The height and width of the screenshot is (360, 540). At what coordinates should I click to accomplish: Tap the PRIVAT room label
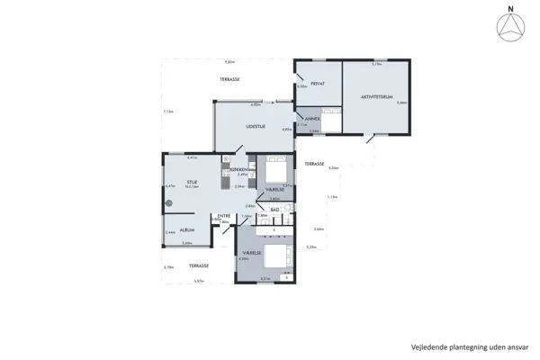point(317,84)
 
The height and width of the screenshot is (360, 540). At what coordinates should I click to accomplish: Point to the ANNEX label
point(312,119)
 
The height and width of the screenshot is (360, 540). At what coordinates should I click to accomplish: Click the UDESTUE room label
point(256,127)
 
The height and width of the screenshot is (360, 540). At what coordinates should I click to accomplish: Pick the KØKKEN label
point(238,168)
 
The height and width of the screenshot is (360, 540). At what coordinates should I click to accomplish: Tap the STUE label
point(192,182)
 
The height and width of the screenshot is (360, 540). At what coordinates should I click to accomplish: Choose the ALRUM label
point(186,229)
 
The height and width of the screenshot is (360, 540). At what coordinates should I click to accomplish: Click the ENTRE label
point(224,216)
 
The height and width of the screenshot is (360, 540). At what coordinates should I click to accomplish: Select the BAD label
point(274,210)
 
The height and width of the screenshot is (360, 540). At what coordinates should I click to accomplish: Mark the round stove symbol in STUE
point(167,203)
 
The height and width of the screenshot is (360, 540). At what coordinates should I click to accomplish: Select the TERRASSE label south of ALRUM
point(198,265)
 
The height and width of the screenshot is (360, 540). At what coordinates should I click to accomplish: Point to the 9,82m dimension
point(229,61)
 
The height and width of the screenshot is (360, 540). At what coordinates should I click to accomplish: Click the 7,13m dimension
point(168,112)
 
